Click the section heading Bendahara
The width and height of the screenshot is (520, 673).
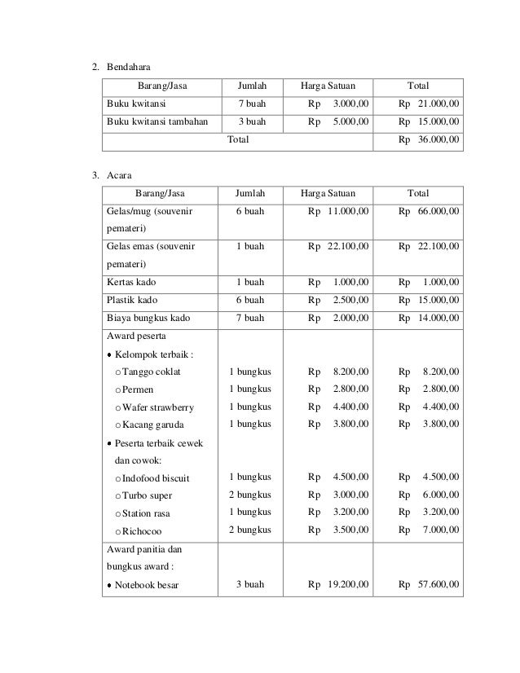(130, 65)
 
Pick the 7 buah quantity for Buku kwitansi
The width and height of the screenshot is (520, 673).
(251, 103)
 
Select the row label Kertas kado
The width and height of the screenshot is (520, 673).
(132, 282)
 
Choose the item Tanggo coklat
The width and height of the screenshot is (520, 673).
(152, 372)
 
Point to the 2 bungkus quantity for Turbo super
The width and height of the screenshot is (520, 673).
(250, 495)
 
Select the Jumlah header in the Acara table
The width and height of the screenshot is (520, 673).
(250, 193)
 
